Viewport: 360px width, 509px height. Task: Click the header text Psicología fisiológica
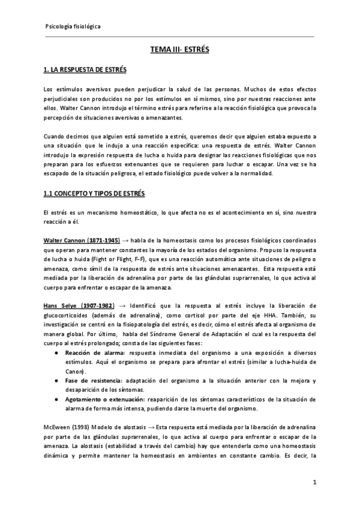73,27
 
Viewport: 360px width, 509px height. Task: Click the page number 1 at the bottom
314,482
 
